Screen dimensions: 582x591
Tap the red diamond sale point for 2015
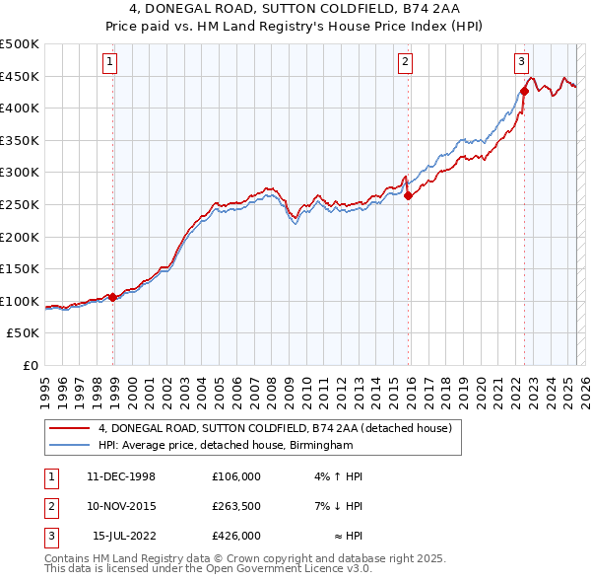click(x=409, y=195)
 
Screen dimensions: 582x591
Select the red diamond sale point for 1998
click(x=113, y=297)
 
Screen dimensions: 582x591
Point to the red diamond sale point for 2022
click(x=525, y=92)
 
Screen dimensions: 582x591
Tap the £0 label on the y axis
click(x=31, y=365)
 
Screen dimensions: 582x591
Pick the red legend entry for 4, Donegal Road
click(x=274, y=429)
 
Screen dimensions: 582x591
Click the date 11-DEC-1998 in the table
click(x=121, y=476)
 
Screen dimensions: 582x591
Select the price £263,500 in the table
click(x=235, y=505)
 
